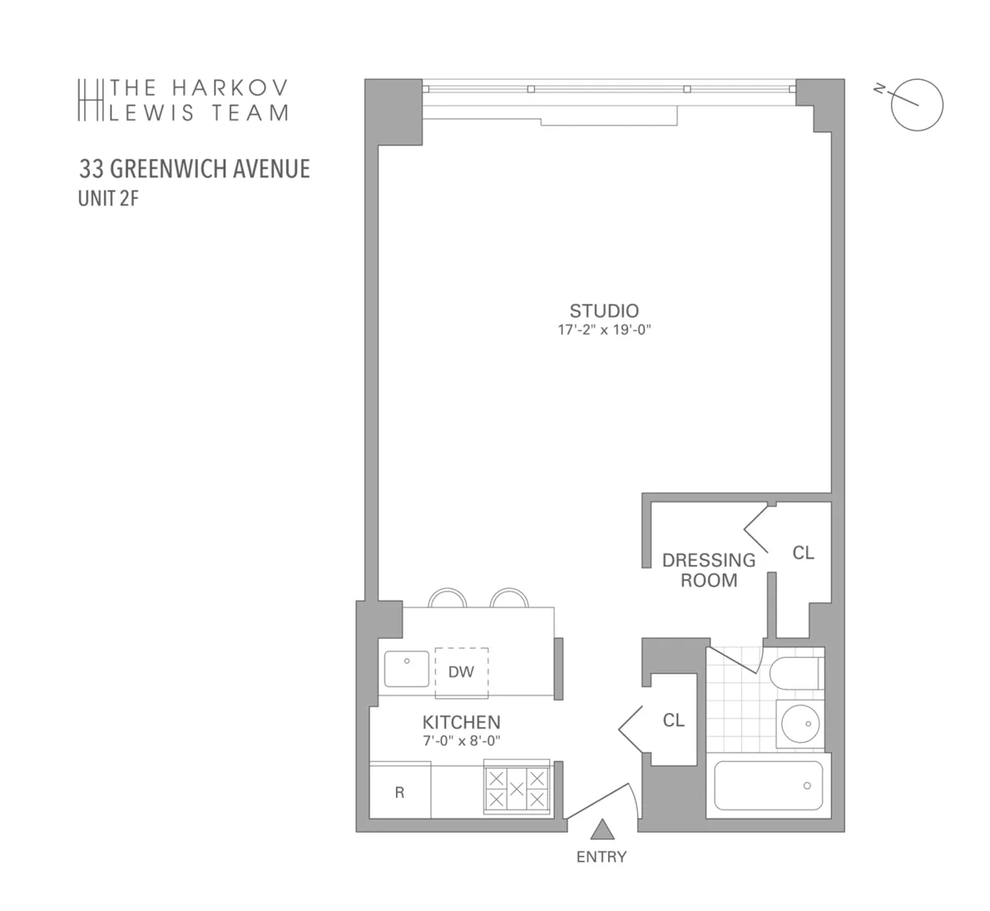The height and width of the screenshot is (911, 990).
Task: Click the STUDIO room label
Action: coord(604,311)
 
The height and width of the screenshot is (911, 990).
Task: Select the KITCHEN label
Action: coord(461,722)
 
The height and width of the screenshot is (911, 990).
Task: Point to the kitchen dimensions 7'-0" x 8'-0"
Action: coord(461,741)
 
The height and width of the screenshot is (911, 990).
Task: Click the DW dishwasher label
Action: coord(461,672)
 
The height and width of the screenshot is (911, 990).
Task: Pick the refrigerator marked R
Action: coord(400,792)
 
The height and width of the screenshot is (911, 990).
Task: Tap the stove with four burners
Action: coord(516,788)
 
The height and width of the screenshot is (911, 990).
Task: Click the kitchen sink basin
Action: coord(407,668)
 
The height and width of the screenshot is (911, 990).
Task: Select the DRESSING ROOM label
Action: coord(709,570)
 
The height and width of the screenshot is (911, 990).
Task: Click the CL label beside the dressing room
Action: coord(803,553)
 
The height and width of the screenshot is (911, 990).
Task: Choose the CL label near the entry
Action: coord(673,720)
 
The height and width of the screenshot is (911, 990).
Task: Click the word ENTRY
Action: coord(601,857)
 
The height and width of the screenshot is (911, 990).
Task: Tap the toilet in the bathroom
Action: coord(794,674)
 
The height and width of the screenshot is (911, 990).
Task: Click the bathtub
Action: coord(768,785)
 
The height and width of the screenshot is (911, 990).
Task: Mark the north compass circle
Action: coord(917,104)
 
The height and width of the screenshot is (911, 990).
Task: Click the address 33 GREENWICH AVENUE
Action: coord(195,169)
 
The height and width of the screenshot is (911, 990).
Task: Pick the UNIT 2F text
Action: coord(107,199)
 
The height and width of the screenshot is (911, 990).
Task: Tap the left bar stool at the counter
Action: coord(449,598)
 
